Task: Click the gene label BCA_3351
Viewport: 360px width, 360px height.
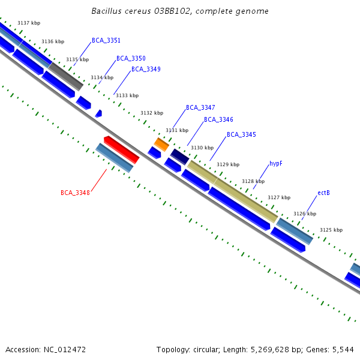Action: [x=106, y=41]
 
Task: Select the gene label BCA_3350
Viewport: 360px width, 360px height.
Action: [x=131, y=59]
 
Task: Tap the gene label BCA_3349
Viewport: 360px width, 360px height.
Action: [x=146, y=70]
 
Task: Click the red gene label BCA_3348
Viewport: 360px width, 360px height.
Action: [x=75, y=193]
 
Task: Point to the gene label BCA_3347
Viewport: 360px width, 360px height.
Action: [x=200, y=108]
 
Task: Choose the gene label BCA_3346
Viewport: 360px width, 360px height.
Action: [x=218, y=120]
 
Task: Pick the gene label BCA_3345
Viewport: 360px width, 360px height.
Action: [x=241, y=135]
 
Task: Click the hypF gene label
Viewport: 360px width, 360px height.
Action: [x=276, y=164]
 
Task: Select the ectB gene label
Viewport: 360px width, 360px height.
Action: [x=323, y=193]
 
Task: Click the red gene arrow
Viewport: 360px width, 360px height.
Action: [x=121, y=149]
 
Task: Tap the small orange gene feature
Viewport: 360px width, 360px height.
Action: [x=161, y=144]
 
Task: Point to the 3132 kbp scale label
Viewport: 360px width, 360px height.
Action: [x=152, y=113]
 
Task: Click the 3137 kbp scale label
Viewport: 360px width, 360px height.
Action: [x=29, y=23]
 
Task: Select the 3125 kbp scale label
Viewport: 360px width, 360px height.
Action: [x=331, y=230]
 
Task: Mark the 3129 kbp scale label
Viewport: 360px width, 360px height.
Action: [x=228, y=164]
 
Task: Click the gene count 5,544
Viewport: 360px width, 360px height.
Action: [x=342, y=349]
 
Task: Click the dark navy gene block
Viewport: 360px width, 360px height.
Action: [x=180, y=157]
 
